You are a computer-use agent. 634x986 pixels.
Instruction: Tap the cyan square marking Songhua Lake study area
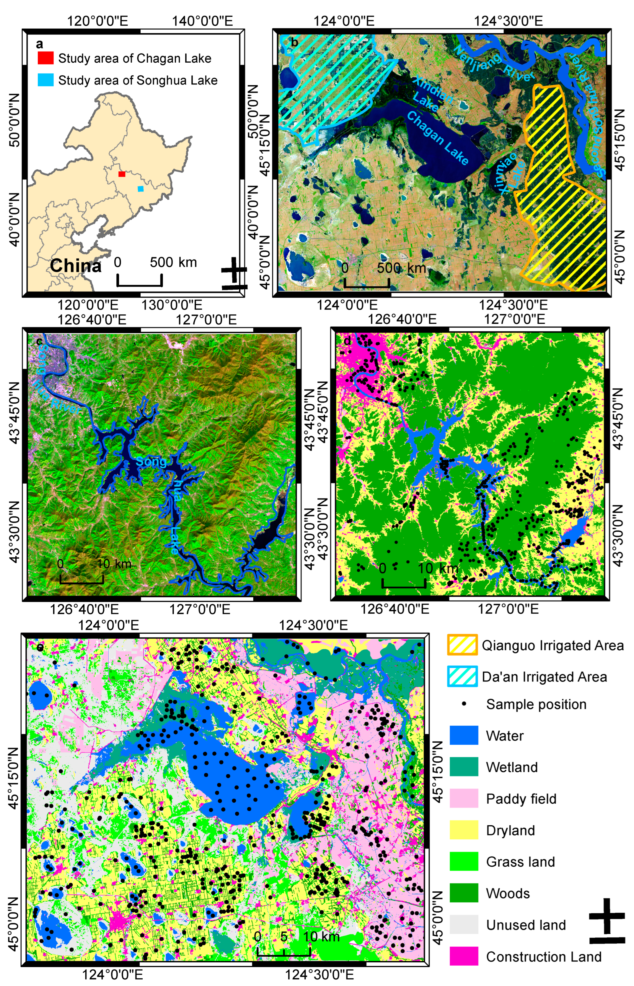pyautogui.click(x=141, y=189)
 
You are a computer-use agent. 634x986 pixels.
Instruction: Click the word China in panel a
pyautogui.click(x=76, y=266)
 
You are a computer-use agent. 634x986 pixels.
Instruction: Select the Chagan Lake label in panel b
pyautogui.click(x=437, y=138)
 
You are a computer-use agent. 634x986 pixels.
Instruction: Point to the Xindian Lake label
pyautogui.click(x=431, y=94)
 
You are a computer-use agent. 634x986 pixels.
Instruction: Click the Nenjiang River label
pyautogui.click(x=494, y=62)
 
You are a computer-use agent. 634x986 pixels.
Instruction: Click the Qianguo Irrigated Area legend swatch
pyautogui.click(x=462, y=645)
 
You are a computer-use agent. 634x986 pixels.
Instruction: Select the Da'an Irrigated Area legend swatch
pyautogui.click(x=462, y=677)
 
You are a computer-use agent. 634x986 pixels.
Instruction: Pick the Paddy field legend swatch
pyautogui.click(x=464, y=799)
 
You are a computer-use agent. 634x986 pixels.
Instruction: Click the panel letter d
pyautogui.click(x=347, y=341)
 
